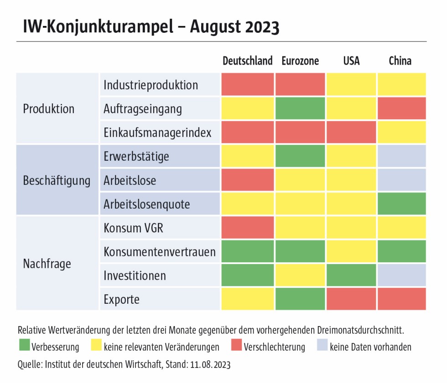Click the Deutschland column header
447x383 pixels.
coord(247,61)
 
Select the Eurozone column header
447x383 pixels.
coord(300,61)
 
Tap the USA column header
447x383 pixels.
coord(351,61)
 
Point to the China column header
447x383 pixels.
coord(400,61)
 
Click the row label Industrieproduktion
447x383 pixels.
coord(151,85)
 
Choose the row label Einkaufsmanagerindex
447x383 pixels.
coord(157,133)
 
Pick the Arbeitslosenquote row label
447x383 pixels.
coord(146,204)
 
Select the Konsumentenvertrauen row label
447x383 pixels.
coord(159,252)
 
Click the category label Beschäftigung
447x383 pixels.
coord(57,180)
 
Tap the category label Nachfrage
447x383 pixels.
coord(47,264)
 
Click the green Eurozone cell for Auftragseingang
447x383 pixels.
coord(300,109)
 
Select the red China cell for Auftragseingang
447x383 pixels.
coord(401,109)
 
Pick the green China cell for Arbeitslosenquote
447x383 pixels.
coord(401,204)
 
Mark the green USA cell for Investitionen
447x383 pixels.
coord(351,276)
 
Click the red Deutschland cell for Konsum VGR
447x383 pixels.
coord(248,228)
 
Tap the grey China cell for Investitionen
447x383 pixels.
coord(401,276)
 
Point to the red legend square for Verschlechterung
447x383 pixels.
coord(236,347)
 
